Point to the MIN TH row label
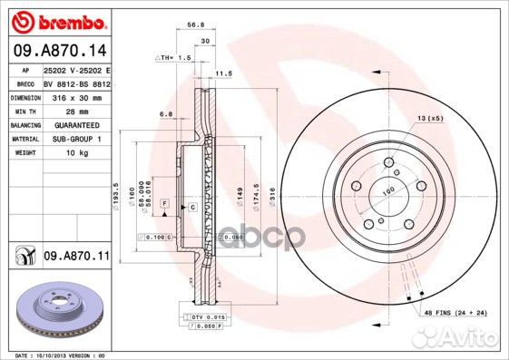tap(23, 110)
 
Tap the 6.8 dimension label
tap(166, 114)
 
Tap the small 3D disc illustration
tap(55, 311)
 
